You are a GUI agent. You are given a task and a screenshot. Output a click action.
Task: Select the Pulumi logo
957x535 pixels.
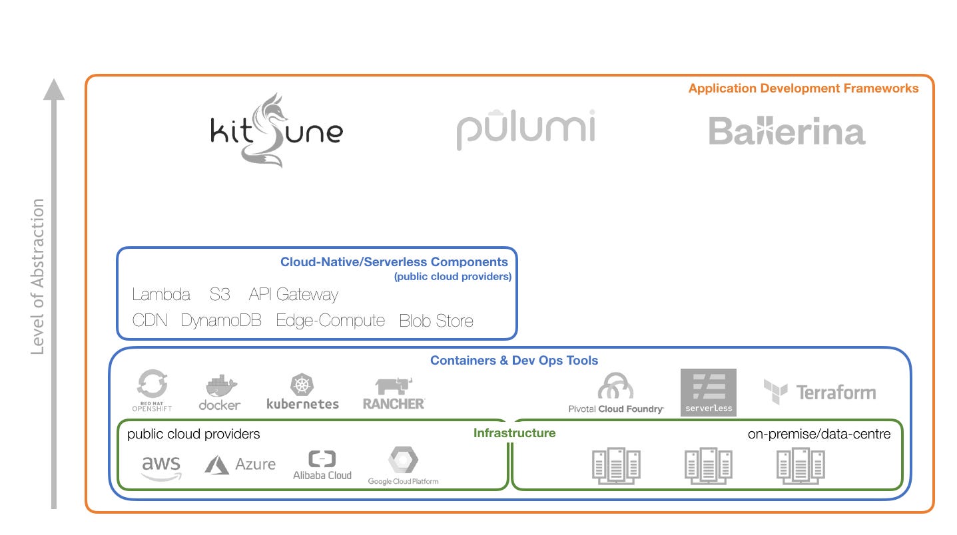525,129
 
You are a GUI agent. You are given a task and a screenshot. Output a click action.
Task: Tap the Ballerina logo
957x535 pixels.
787,131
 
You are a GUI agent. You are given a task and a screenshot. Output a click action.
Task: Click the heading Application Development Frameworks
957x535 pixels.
803,89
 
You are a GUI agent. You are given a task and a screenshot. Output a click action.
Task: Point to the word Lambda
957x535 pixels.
161,295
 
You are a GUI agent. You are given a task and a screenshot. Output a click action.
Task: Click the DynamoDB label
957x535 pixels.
222,321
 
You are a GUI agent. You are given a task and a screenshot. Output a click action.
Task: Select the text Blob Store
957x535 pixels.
436,321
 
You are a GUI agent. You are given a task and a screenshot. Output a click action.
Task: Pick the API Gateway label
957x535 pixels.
293,295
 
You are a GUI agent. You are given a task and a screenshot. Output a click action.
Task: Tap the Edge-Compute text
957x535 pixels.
330,321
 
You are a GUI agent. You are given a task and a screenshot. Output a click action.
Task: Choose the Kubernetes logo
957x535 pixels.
302,392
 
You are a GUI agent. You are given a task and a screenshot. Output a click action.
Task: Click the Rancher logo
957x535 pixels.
394,393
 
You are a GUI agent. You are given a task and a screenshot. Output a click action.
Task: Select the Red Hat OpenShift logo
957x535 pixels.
152,391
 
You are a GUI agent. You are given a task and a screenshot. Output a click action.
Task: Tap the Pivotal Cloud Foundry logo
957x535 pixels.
616,393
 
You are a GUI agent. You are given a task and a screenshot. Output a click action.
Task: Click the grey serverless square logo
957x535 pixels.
708,393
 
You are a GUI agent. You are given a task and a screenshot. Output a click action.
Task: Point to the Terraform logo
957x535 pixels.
819,392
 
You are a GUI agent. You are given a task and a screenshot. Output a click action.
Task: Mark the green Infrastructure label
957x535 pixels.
514,433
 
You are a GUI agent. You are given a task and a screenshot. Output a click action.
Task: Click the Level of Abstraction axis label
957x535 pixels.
38,276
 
